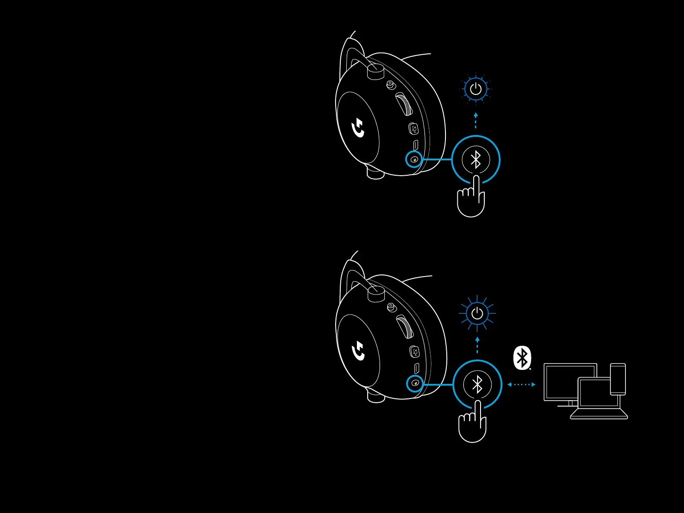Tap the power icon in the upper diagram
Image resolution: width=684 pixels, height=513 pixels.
476,89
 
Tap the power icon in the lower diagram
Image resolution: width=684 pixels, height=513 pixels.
477,314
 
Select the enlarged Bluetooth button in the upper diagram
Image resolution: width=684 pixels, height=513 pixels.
476,159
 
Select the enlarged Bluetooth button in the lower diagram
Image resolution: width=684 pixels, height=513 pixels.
477,384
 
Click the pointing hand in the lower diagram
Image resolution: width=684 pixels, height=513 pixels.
472,423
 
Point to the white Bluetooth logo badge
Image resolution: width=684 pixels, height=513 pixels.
522,358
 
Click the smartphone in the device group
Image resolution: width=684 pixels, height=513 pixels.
618,379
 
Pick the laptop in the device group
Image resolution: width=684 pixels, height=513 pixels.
598,400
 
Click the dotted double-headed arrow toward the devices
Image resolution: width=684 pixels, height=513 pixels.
521,384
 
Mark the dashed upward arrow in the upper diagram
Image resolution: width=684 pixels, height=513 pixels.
476,121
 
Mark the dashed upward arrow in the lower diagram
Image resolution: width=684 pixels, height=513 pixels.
477,345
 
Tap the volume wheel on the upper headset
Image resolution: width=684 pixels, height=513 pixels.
404,104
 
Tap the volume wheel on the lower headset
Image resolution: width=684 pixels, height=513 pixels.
404,327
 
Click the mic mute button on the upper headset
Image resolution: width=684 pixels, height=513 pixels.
413,128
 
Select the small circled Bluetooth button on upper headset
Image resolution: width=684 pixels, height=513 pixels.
414,159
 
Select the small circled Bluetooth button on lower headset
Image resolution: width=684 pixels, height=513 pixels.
415,383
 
